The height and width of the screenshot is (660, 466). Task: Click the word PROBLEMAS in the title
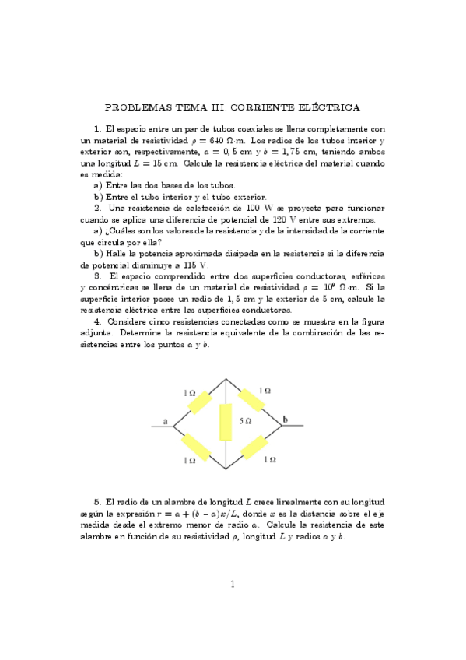point(138,107)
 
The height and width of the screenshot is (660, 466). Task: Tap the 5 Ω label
point(245,420)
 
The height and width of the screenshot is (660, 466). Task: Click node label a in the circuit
point(166,422)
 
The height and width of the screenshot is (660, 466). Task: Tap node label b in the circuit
point(285,420)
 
